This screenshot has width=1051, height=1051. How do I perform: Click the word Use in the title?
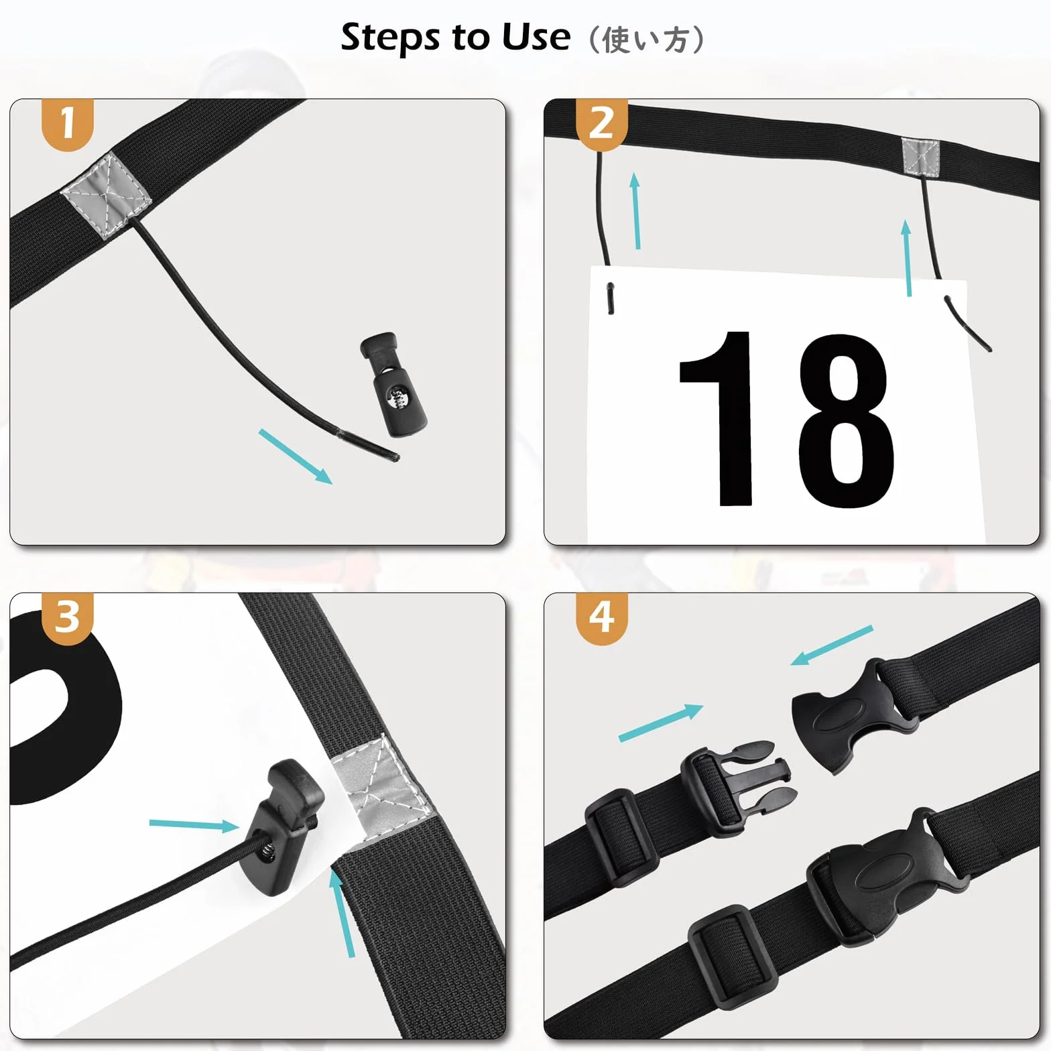click(536, 37)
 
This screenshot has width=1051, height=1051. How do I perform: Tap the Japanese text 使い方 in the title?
click(645, 40)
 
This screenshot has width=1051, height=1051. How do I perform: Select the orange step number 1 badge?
click(67, 124)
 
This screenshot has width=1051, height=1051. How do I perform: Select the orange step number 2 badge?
click(602, 124)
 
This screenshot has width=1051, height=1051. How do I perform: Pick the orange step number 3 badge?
click(67, 618)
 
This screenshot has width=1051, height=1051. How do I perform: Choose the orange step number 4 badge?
click(602, 618)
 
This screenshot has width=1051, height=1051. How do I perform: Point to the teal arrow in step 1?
click(296, 456)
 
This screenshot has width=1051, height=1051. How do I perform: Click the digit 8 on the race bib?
click(846, 421)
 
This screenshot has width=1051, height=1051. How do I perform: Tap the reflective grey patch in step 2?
click(920, 156)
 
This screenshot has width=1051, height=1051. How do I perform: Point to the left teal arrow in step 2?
click(636, 210)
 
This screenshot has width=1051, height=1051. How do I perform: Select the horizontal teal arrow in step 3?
click(194, 824)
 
